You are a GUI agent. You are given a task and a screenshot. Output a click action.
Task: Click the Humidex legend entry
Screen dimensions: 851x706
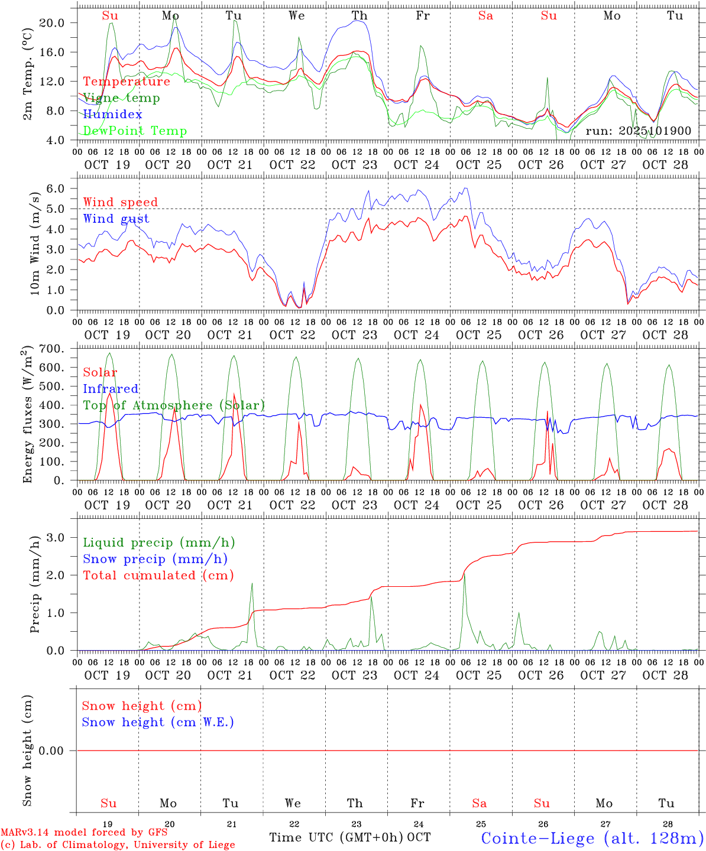pos(112,114)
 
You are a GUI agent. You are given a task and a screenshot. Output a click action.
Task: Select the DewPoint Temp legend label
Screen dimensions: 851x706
pos(135,131)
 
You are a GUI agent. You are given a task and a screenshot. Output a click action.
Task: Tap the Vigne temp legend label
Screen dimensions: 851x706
pos(121,98)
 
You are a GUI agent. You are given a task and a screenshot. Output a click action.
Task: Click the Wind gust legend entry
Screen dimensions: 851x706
pos(116,219)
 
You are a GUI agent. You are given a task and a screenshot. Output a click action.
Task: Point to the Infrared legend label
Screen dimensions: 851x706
pos(111,389)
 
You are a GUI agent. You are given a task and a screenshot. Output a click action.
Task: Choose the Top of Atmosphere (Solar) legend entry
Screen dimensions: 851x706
pos(174,405)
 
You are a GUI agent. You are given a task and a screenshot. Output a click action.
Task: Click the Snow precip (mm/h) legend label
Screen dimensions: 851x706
pos(155,559)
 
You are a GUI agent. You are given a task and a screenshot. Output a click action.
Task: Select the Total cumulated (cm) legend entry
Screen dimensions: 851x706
pos(158,576)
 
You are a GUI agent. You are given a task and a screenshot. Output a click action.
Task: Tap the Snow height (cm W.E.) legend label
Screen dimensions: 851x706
pos(158,722)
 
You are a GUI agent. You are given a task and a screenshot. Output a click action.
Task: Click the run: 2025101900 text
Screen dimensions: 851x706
pos(638,131)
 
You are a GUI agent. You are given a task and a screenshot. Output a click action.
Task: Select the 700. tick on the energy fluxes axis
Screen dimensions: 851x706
pos(51,349)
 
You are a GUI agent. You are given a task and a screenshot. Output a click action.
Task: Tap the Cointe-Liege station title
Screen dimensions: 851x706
pos(592,837)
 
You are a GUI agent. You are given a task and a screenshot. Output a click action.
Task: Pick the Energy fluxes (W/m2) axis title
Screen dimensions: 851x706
pos(27,415)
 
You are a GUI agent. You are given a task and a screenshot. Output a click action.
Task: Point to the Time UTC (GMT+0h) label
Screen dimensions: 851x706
pos(336,837)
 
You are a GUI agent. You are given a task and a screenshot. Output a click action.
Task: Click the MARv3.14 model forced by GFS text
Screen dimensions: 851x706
pos(84,832)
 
